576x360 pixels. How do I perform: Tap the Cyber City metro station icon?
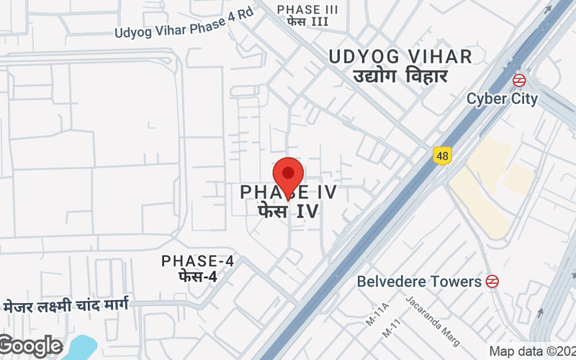pos(518,80)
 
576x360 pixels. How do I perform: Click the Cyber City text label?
pos(502,99)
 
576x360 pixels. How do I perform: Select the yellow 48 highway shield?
pos(441,155)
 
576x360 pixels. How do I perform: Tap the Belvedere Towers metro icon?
pos(492,281)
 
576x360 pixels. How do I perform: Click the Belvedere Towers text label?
pos(419,281)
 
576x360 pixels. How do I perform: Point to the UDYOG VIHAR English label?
pos(400,57)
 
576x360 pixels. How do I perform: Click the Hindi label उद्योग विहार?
pos(400,76)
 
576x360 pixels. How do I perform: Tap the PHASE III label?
pos(307,9)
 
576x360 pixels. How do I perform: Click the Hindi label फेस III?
pos(307,22)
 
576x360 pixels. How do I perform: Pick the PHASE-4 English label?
pos(198,261)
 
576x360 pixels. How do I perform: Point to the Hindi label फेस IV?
pos(288,212)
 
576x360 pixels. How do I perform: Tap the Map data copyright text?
pos(531,351)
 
